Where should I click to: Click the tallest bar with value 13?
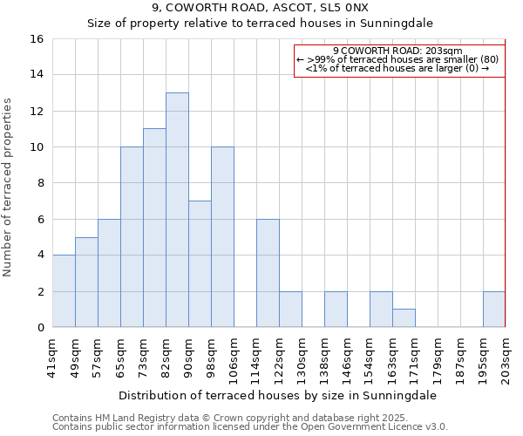click(x=177, y=209)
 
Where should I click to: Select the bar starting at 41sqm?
click(x=64, y=290)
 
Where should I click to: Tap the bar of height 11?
click(x=154, y=228)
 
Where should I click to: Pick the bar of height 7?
click(x=200, y=263)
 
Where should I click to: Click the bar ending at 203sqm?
click(x=494, y=309)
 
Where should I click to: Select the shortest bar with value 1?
click(x=404, y=318)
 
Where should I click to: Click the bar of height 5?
click(x=86, y=282)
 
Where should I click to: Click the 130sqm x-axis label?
click(x=302, y=358)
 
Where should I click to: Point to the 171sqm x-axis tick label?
click(x=415, y=358)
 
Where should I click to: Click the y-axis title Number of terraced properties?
click(x=9, y=187)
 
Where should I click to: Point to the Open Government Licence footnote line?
click(x=249, y=426)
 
